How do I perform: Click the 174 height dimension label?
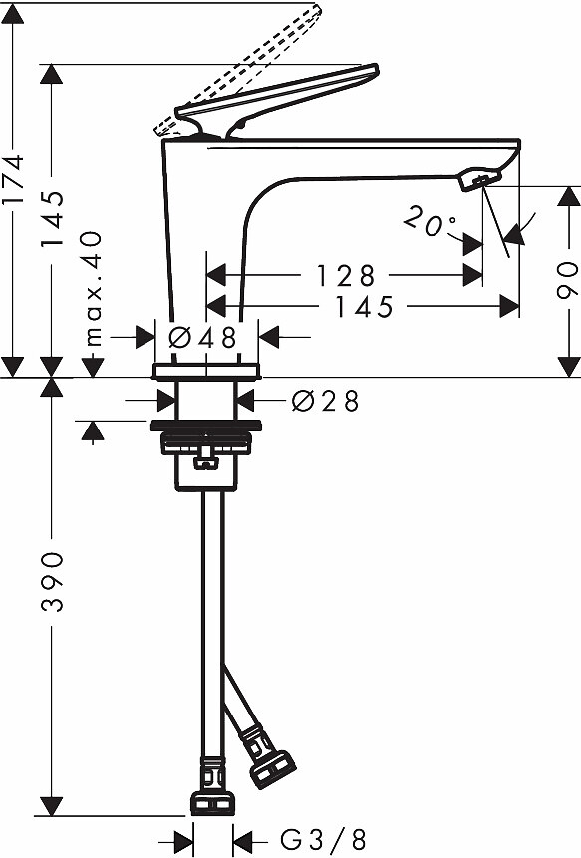(x=12, y=179)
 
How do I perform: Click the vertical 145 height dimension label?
(x=52, y=219)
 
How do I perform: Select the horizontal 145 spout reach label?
(x=364, y=307)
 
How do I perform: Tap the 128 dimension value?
(x=346, y=275)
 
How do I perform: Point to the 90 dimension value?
(x=567, y=280)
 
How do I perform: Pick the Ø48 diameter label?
(x=202, y=338)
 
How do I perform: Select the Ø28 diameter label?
(x=325, y=401)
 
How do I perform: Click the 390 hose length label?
(x=52, y=582)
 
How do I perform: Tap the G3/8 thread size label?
(x=323, y=839)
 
